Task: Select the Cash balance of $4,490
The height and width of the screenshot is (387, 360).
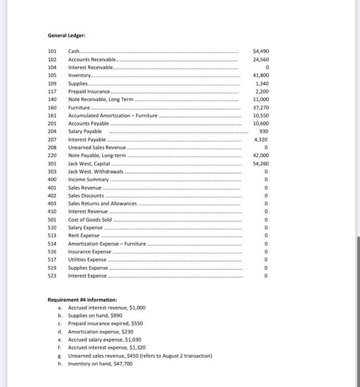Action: (x=260, y=51)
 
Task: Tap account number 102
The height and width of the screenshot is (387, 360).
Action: (x=53, y=59)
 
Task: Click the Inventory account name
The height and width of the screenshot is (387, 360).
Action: (x=80, y=75)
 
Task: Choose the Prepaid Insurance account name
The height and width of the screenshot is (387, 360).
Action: (x=89, y=91)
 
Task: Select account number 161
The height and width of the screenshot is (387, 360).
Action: (x=53, y=116)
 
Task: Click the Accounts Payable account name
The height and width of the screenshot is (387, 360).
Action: (x=88, y=123)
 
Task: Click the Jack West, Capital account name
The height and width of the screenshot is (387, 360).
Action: (x=88, y=164)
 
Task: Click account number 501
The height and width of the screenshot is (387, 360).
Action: (x=53, y=220)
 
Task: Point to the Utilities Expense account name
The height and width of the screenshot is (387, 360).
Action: (x=87, y=260)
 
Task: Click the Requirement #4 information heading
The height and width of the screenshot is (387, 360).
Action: (x=82, y=300)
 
